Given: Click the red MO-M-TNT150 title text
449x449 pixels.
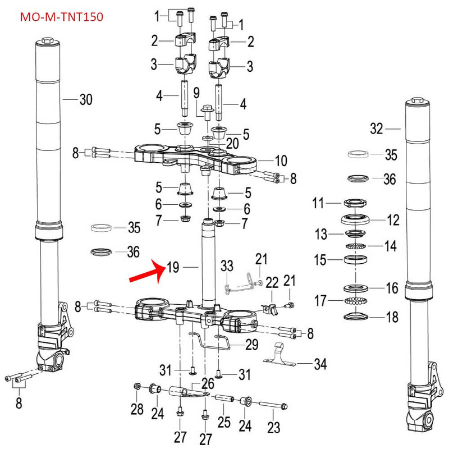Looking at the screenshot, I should tap(61, 17).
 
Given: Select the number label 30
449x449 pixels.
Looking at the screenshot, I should tap(85, 100).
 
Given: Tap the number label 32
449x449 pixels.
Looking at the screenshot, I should tap(376, 129).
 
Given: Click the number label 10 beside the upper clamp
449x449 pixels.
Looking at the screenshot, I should tap(280, 161).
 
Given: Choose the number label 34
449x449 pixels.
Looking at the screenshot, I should tap(320, 364).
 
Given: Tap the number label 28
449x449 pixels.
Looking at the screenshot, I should tap(137, 409).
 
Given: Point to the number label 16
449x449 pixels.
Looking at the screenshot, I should tap(392, 288).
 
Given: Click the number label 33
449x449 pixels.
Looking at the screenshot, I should tap(226, 265).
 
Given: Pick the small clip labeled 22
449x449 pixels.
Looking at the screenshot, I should tap(270, 307).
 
